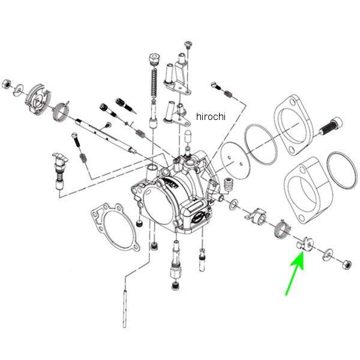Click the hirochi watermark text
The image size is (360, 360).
click(211, 116)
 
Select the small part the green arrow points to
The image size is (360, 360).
click(304, 244)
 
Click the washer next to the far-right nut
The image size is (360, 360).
click(329, 256)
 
